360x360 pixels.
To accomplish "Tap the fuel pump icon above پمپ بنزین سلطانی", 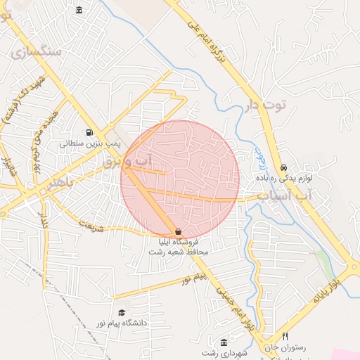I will pos(89,131).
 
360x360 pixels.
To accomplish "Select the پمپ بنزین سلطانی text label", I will pos(90,143).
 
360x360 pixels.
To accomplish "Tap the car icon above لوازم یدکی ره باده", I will pos(283,168).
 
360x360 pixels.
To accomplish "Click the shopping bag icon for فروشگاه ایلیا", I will pos(178,231).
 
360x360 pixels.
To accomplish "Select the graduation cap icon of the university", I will pos(122,312).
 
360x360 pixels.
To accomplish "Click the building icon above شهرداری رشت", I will pos(224,342).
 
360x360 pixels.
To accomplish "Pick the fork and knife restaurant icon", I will pos(285,337).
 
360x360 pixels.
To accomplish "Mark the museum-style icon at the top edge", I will pos(78,9).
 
